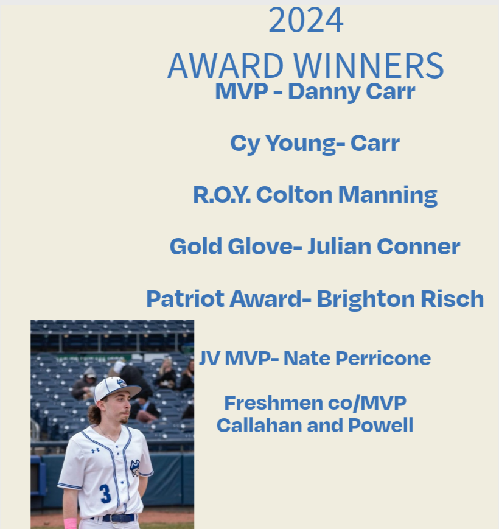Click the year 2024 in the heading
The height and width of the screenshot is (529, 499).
click(305, 21)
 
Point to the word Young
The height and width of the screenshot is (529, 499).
click(298, 144)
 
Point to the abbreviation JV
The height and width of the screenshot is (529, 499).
click(209, 359)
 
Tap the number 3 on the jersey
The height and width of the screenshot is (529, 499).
click(105, 493)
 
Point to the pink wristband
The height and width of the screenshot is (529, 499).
click(71, 523)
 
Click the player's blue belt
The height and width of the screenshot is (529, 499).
click(118, 518)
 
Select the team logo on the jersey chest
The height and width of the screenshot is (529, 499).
click(134, 468)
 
